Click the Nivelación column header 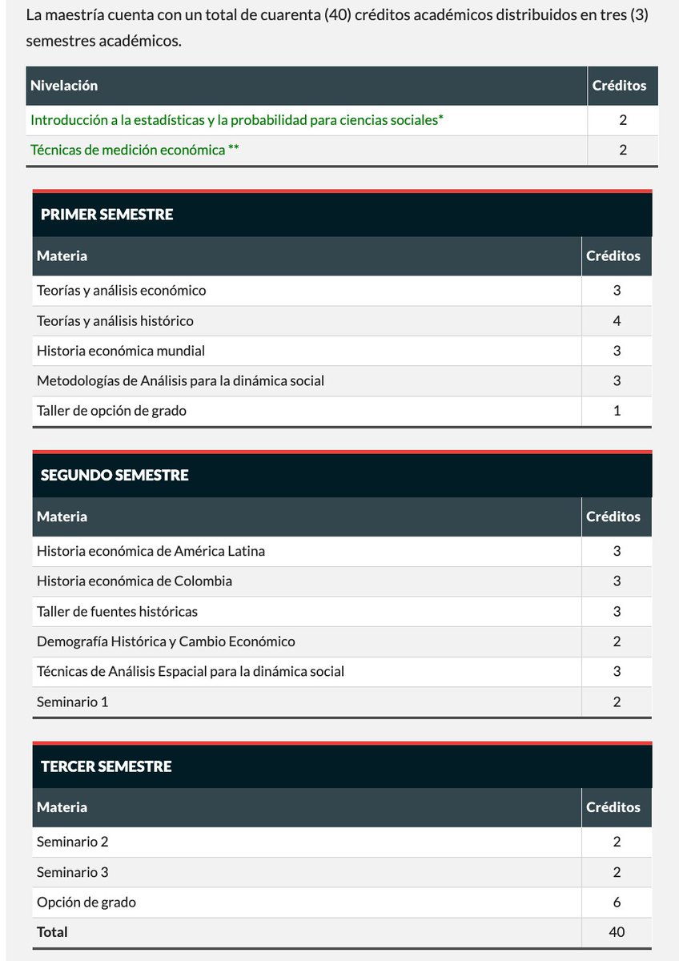click(64, 86)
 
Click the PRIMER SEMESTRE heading click(106, 215)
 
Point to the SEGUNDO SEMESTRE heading click(115, 475)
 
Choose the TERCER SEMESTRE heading click(106, 766)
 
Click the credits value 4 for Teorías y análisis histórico click(617, 321)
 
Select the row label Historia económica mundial click(121, 351)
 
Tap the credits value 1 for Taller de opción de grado click(617, 411)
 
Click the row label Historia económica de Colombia click(135, 581)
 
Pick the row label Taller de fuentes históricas click(117, 611)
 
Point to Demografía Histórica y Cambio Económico click(166, 641)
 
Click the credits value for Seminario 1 click(617, 702)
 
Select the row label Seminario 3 click(72, 872)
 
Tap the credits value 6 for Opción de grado click(617, 903)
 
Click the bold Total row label click(52, 932)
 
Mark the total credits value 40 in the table click(617, 932)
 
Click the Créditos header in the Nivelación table click(619, 86)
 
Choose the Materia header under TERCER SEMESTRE click(62, 807)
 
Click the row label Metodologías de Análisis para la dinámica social click(180, 381)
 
